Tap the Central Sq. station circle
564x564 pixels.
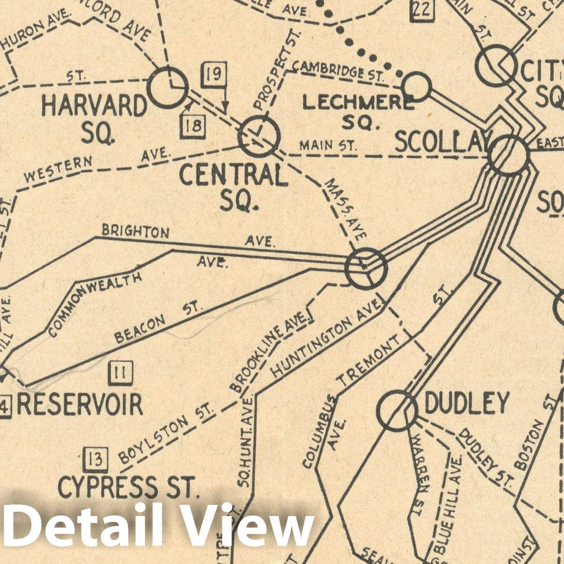tap(260, 136)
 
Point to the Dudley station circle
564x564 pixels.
tap(397, 411)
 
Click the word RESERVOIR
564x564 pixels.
tap(80, 404)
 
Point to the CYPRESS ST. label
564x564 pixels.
tap(127, 487)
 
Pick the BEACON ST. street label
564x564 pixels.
tap(158, 322)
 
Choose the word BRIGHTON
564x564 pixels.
tap(135, 231)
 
